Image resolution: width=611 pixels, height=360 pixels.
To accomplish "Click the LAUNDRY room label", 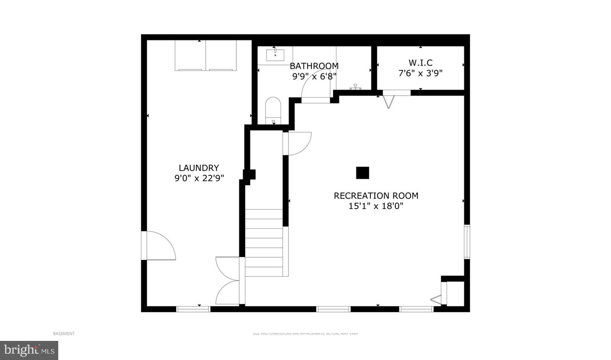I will point(199,168).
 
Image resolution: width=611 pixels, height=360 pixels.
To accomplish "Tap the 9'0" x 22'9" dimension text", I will point(199,178).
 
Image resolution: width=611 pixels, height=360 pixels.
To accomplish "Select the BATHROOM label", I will point(314,66).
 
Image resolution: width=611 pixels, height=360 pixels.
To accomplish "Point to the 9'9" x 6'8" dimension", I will point(314,76).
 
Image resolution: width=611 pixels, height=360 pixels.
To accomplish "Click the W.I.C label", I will point(420,63).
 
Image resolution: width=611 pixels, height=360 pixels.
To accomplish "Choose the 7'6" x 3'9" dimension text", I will point(420,73).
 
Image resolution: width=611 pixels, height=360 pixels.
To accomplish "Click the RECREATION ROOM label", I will point(376,196).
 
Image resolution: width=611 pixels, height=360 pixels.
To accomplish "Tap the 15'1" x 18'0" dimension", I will point(376,206).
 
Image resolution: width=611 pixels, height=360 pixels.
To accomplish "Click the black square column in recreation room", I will point(362,173).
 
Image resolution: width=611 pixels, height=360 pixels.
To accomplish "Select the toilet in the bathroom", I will point(273,110).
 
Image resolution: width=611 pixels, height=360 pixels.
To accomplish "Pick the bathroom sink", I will point(275,55).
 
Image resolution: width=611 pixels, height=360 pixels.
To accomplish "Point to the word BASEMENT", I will point(64,334).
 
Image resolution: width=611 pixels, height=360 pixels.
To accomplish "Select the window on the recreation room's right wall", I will point(467,242).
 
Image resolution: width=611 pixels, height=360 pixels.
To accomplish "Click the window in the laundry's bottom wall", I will point(193,309).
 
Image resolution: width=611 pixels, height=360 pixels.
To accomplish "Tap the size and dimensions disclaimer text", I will point(305,334).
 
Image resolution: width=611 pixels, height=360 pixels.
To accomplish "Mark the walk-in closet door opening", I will point(396,93).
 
